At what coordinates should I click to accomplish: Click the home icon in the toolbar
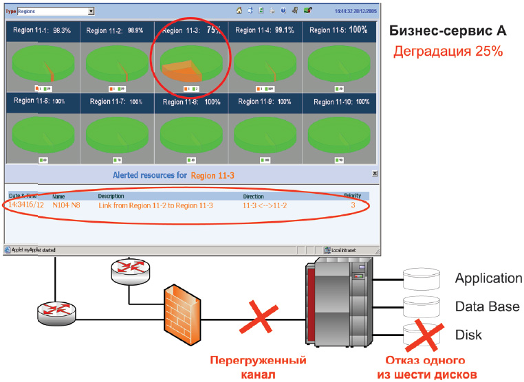tap(239, 11)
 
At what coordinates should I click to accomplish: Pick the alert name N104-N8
tap(66, 205)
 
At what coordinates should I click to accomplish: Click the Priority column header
tap(352, 196)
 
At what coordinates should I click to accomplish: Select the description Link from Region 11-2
tap(155, 205)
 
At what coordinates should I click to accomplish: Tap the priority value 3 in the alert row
tap(353, 205)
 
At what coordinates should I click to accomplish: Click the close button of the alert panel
tap(374, 175)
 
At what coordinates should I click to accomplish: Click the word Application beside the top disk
tap(488, 278)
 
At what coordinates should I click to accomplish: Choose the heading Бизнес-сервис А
tap(448, 32)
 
